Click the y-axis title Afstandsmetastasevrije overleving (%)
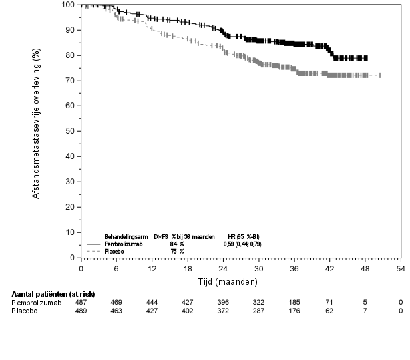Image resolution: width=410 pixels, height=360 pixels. point(37,130)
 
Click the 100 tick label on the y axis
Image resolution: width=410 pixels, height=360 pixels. point(67,5)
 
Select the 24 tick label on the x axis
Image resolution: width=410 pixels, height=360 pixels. point(224,268)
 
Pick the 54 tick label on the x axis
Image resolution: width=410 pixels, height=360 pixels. point(401,268)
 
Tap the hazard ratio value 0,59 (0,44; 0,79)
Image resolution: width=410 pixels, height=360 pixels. point(242,244)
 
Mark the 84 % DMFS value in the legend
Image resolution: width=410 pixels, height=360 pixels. point(176,244)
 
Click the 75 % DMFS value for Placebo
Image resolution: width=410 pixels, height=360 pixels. point(176,251)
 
